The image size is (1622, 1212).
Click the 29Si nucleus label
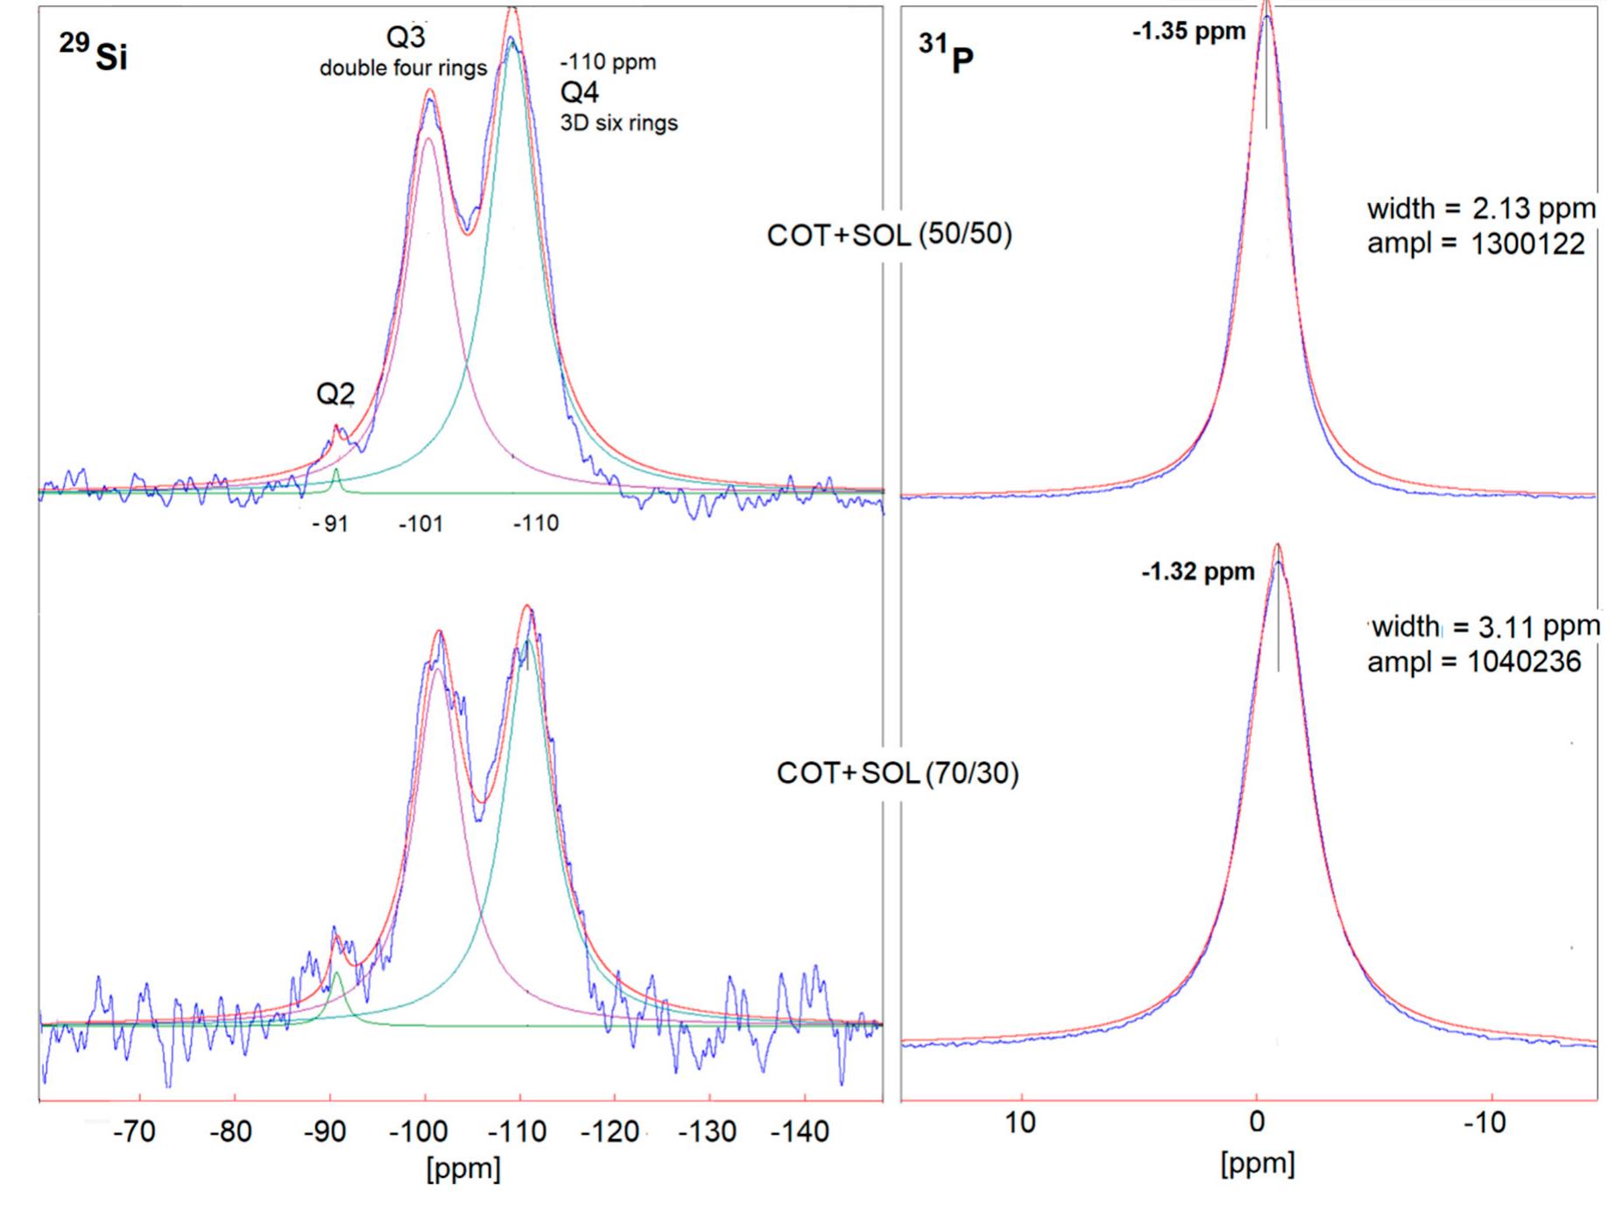[94, 53]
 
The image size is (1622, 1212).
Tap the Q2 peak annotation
[335, 395]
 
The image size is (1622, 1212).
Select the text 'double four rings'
[403, 68]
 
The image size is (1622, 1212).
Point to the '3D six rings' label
[618, 123]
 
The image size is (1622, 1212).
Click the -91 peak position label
[330, 525]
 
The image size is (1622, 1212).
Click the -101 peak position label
[421, 525]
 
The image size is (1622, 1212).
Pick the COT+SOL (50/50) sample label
[889, 236]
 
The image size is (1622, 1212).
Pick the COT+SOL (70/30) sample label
[898, 774]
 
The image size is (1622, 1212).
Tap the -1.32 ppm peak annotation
[1197, 573]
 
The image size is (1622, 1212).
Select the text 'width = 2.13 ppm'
[1481, 209]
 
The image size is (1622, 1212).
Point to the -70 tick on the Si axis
[134, 1131]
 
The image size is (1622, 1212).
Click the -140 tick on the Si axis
[799, 1131]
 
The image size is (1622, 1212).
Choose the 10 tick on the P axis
[1020, 1123]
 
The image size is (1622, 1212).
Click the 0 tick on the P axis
[1257, 1123]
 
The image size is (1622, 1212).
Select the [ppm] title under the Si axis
[463, 1168]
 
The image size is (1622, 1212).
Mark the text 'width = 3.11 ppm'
[1485, 627]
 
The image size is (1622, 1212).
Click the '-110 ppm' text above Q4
[608, 63]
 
